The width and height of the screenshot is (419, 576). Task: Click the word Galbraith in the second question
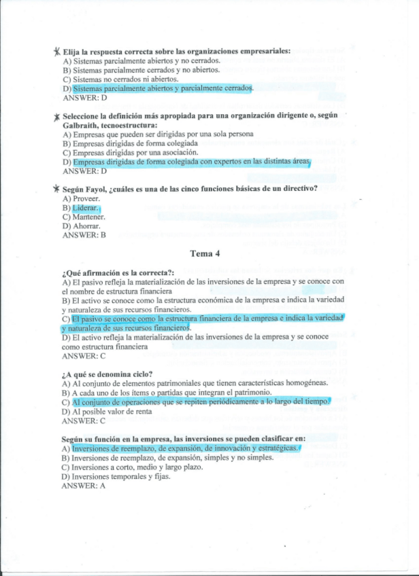click(83, 125)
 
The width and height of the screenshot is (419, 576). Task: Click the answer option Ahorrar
click(82, 226)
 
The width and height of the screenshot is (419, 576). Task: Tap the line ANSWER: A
click(84, 486)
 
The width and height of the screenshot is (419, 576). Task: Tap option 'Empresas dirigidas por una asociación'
click(129, 153)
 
